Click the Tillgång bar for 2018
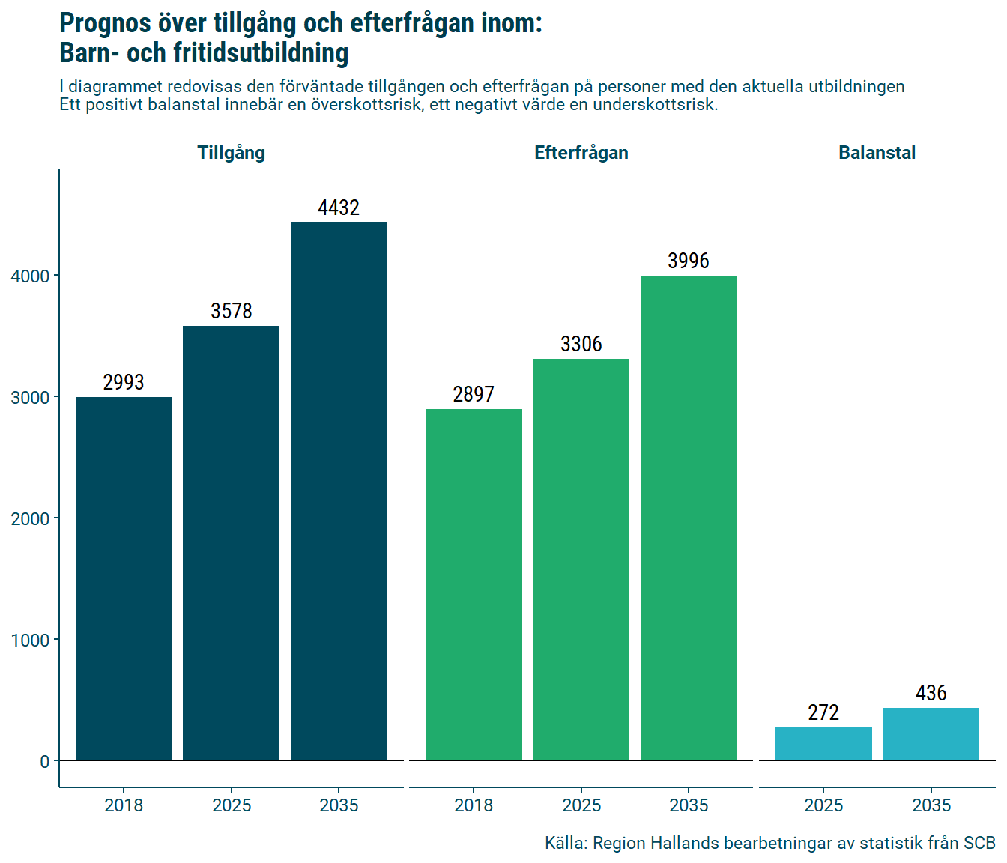click(x=124, y=578)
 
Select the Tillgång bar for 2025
click(x=231, y=543)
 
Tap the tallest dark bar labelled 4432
click(x=339, y=491)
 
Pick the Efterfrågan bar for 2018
click(x=474, y=584)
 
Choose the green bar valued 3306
click(x=581, y=560)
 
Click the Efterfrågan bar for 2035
click(x=689, y=518)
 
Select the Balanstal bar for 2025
click(x=823, y=744)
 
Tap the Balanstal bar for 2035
click(x=931, y=734)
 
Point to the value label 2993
click(x=124, y=382)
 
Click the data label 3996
click(x=689, y=261)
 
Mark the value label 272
click(x=823, y=712)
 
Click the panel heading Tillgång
click(x=231, y=153)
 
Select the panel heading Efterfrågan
click(x=581, y=153)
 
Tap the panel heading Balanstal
click(x=877, y=153)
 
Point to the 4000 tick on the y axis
click(x=30, y=276)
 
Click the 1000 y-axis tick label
click(x=30, y=641)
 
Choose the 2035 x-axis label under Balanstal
click(x=931, y=805)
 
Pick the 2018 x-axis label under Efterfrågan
click(x=474, y=805)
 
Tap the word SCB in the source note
click(x=979, y=843)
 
